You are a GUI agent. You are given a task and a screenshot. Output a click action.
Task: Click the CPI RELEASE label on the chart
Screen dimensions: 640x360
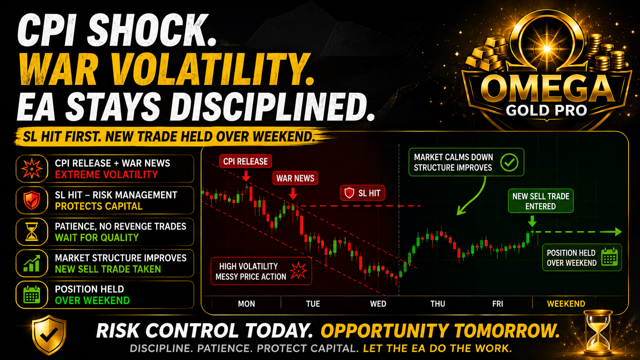pos(245,161)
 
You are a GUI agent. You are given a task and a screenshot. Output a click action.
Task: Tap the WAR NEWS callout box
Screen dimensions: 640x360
pos(295,178)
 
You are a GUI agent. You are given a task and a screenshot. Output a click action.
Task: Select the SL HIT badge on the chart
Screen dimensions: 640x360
pos(362,193)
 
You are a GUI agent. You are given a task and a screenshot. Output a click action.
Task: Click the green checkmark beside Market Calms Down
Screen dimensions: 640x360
pos(509,162)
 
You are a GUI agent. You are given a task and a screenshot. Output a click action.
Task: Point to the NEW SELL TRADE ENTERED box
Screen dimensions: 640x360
pos(540,201)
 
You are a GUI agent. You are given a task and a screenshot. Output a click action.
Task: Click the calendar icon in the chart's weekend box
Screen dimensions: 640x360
pos(609,257)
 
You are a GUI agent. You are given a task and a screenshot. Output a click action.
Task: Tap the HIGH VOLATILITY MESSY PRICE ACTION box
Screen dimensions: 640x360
pos(261,271)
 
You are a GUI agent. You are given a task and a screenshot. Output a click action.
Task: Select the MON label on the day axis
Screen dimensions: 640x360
pos(246,304)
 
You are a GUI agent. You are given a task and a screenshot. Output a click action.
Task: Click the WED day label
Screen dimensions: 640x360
pos(378,304)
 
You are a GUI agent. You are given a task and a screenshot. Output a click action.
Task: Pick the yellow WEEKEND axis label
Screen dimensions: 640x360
pos(566,304)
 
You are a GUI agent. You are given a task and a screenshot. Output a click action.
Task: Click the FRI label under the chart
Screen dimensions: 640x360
pos(498,304)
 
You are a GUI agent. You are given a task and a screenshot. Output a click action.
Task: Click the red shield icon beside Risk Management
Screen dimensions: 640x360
pos(32,200)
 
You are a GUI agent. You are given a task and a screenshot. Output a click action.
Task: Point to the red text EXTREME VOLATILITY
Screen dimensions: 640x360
pos(106,174)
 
